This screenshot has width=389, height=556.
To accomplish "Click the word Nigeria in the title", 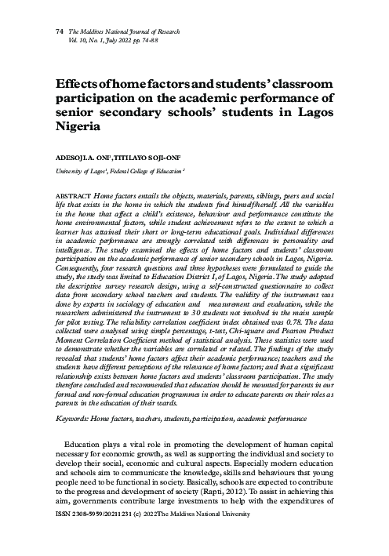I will [x=77, y=126].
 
